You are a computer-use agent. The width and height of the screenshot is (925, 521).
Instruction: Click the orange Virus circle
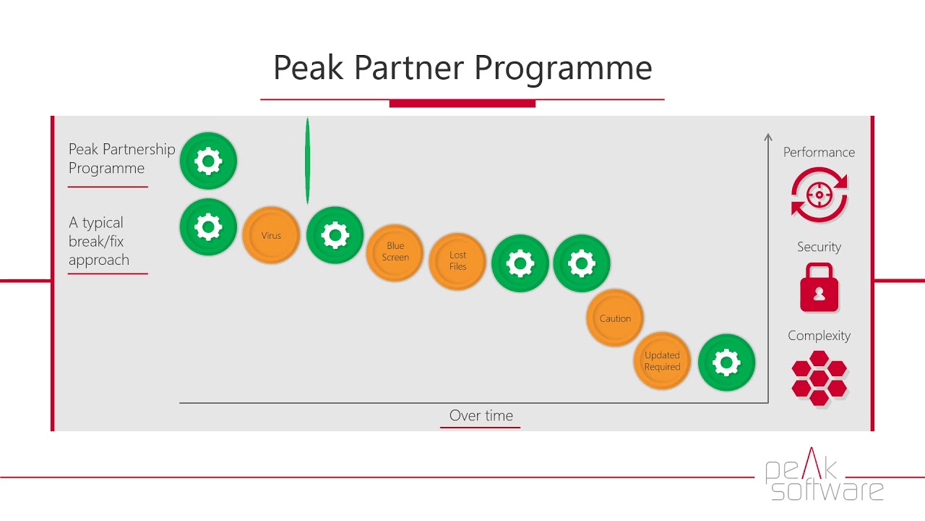pyautogui.click(x=271, y=235)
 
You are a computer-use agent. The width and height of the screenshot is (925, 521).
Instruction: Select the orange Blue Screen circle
pyautogui.click(x=395, y=253)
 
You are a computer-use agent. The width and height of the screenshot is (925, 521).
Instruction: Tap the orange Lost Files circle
pyautogui.click(x=457, y=261)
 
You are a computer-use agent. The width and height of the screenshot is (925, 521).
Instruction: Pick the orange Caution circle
pyautogui.click(x=615, y=318)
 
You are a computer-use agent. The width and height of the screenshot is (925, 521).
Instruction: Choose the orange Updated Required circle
pyautogui.click(x=662, y=361)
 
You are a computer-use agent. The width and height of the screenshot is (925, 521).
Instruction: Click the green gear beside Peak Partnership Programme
pyautogui.click(x=208, y=161)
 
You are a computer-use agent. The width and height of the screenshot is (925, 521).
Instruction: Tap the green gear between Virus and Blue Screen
pyautogui.click(x=335, y=235)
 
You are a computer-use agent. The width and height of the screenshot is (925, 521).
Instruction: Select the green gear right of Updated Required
pyautogui.click(x=726, y=363)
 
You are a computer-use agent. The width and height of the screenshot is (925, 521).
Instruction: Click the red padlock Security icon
pyautogui.click(x=819, y=287)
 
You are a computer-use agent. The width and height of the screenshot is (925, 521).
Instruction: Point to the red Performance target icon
pyautogui.click(x=819, y=195)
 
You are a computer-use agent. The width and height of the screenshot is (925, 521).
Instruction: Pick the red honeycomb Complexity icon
pyautogui.click(x=819, y=378)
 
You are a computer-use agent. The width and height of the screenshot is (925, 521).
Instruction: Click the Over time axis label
pyautogui.click(x=481, y=415)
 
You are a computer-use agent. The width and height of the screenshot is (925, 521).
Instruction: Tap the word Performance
pyautogui.click(x=819, y=152)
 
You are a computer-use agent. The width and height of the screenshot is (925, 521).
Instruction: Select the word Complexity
pyautogui.click(x=819, y=336)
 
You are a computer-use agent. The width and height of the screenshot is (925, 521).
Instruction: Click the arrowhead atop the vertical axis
pyautogui.click(x=767, y=137)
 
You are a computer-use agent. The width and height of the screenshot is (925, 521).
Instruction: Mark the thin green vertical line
pyautogui.click(x=307, y=161)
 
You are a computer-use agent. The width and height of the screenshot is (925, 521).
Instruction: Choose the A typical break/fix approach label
pyautogui.click(x=99, y=241)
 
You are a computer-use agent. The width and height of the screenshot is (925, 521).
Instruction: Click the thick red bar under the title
pyautogui.click(x=462, y=103)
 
